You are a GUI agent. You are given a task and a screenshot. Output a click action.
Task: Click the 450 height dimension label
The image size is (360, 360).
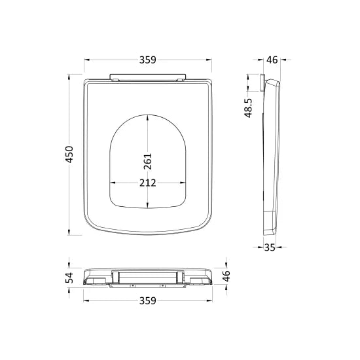click(x=69, y=154)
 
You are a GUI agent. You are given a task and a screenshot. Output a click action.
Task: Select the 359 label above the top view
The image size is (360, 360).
click(x=148, y=60)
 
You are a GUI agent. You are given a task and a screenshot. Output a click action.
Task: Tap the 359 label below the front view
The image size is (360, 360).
click(x=148, y=300)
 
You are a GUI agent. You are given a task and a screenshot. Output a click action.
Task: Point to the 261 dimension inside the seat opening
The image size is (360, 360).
click(x=148, y=162)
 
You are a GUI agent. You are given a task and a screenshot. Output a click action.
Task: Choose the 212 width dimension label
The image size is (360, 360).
click(x=148, y=183)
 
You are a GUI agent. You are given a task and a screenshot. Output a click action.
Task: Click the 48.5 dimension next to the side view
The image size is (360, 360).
click(x=249, y=108)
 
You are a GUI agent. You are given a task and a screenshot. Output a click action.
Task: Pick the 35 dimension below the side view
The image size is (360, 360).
click(x=270, y=247)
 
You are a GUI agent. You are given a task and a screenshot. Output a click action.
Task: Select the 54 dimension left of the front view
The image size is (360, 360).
click(x=69, y=278)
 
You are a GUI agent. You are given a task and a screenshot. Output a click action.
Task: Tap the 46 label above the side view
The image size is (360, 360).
click(x=272, y=60)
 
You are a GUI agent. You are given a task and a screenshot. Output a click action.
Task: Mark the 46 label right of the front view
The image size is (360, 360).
click(x=226, y=276)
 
